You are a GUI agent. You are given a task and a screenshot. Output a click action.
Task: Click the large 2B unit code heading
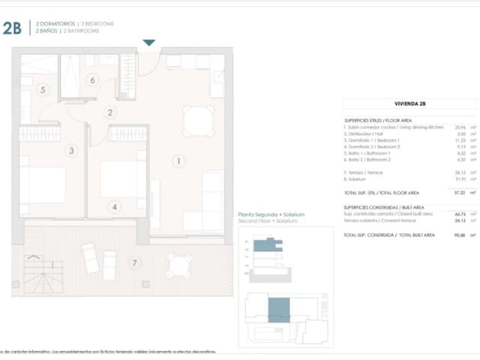pos(13,28)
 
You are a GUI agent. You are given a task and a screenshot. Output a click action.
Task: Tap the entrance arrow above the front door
pos(148,44)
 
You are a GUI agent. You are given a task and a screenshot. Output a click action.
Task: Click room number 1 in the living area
pos(179,160)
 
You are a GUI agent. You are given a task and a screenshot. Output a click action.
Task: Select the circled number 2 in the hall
pos(110,113)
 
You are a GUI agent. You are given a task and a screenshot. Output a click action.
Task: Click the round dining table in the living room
pos(197,120)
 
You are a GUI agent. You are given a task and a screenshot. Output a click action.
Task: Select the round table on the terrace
pos(178,265)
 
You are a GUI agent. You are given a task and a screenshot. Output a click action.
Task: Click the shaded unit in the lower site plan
pos(278,309)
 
